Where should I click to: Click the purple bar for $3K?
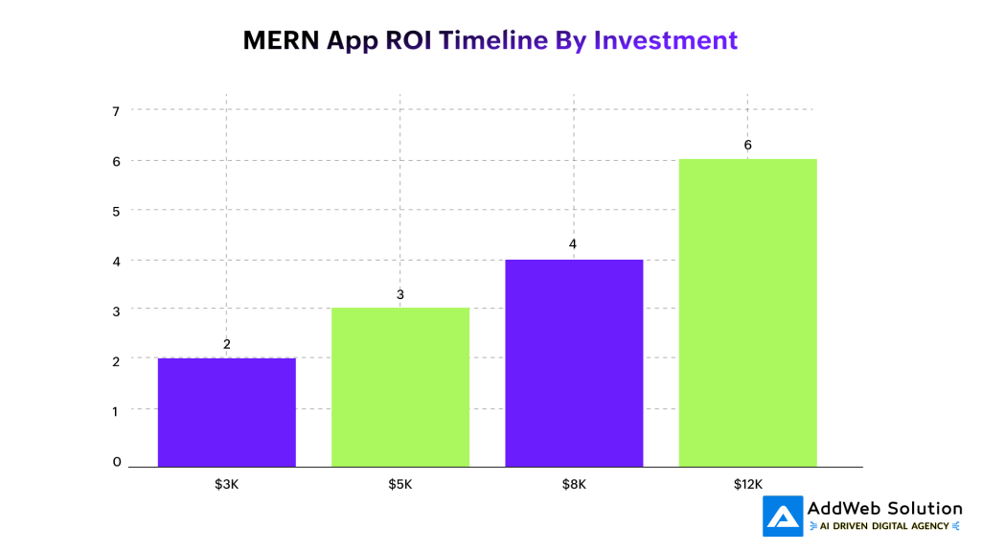(226, 412)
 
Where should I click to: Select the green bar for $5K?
(400, 387)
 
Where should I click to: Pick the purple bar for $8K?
(573, 362)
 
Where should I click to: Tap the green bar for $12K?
(747, 312)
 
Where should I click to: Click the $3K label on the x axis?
(226, 484)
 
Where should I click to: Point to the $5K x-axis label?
(400, 484)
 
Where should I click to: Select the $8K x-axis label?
(574, 484)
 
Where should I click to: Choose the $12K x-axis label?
(747, 484)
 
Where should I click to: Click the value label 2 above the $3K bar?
(227, 344)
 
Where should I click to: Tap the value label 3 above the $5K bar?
(400, 294)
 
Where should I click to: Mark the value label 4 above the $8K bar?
(573, 244)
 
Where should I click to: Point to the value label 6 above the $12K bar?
(747, 145)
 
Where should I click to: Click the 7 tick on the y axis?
(117, 110)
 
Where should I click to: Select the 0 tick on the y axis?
(117, 462)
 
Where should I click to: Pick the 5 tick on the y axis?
(117, 210)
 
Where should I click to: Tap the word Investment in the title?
(666, 40)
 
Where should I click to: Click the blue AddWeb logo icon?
(783, 517)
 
